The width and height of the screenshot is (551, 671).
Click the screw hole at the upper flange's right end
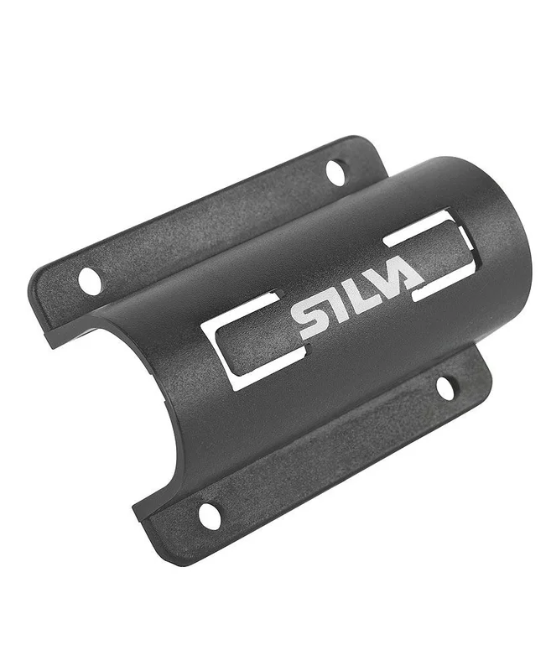[335, 172]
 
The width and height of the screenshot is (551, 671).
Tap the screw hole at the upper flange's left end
[91, 281]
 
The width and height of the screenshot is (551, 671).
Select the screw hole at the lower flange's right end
[447, 388]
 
